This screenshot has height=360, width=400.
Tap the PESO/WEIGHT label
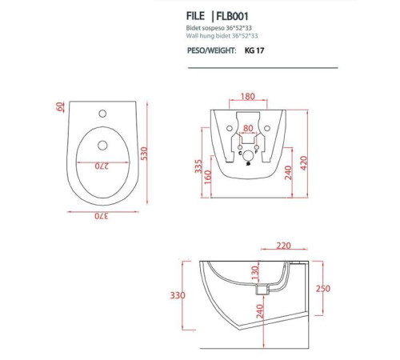(x=210, y=50)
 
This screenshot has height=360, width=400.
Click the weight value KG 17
(x=254, y=50)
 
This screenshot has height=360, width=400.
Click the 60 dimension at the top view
(x=60, y=107)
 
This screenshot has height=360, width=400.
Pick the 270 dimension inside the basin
(x=102, y=166)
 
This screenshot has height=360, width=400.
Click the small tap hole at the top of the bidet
(x=101, y=114)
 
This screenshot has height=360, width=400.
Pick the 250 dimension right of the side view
(x=322, y=289)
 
